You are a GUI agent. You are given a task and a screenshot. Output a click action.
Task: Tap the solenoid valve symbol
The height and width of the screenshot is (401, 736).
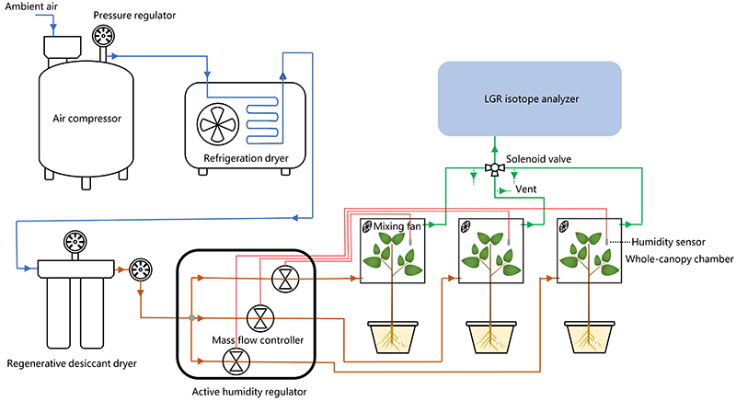tap(493, 169)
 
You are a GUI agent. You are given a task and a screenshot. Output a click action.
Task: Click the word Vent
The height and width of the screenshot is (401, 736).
tap(526, 190)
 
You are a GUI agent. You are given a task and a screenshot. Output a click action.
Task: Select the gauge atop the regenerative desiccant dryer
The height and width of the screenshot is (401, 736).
tap(75, 244)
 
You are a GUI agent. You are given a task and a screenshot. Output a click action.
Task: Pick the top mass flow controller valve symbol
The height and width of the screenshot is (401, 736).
tap(282, 276)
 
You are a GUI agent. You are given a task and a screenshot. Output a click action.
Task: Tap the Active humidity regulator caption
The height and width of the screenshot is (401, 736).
tap(248, 392)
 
